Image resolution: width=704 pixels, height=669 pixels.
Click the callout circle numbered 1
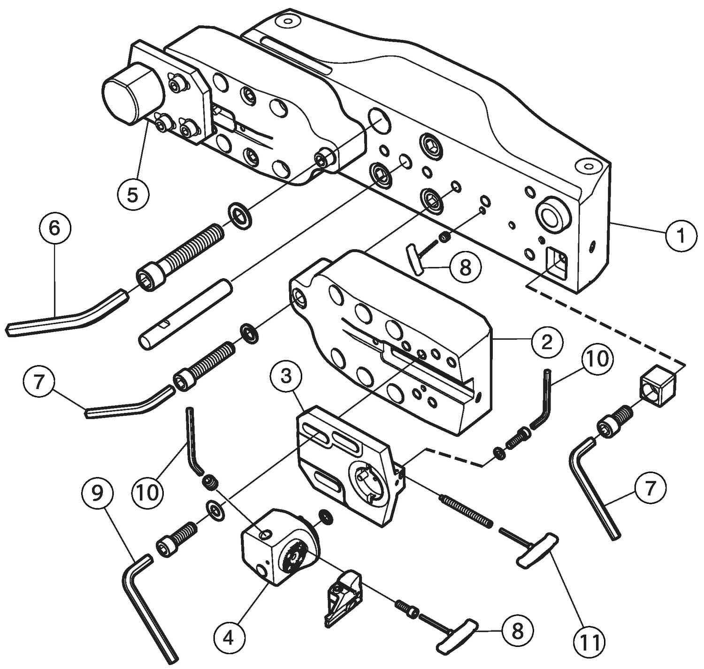point(680,236)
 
